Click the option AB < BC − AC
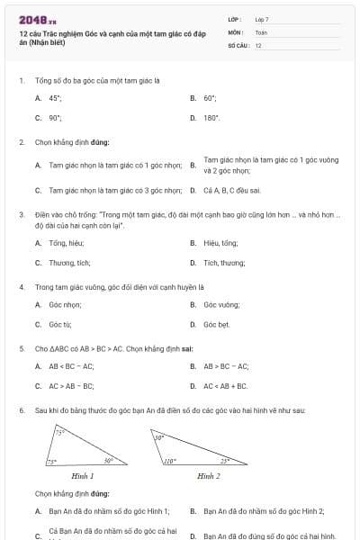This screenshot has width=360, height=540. [71, 366]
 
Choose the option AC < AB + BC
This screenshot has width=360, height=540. [226, 386]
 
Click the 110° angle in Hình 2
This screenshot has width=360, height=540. [169, 461]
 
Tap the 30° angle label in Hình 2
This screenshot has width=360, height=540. [158, 438]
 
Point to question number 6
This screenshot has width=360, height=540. [21, 410]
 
